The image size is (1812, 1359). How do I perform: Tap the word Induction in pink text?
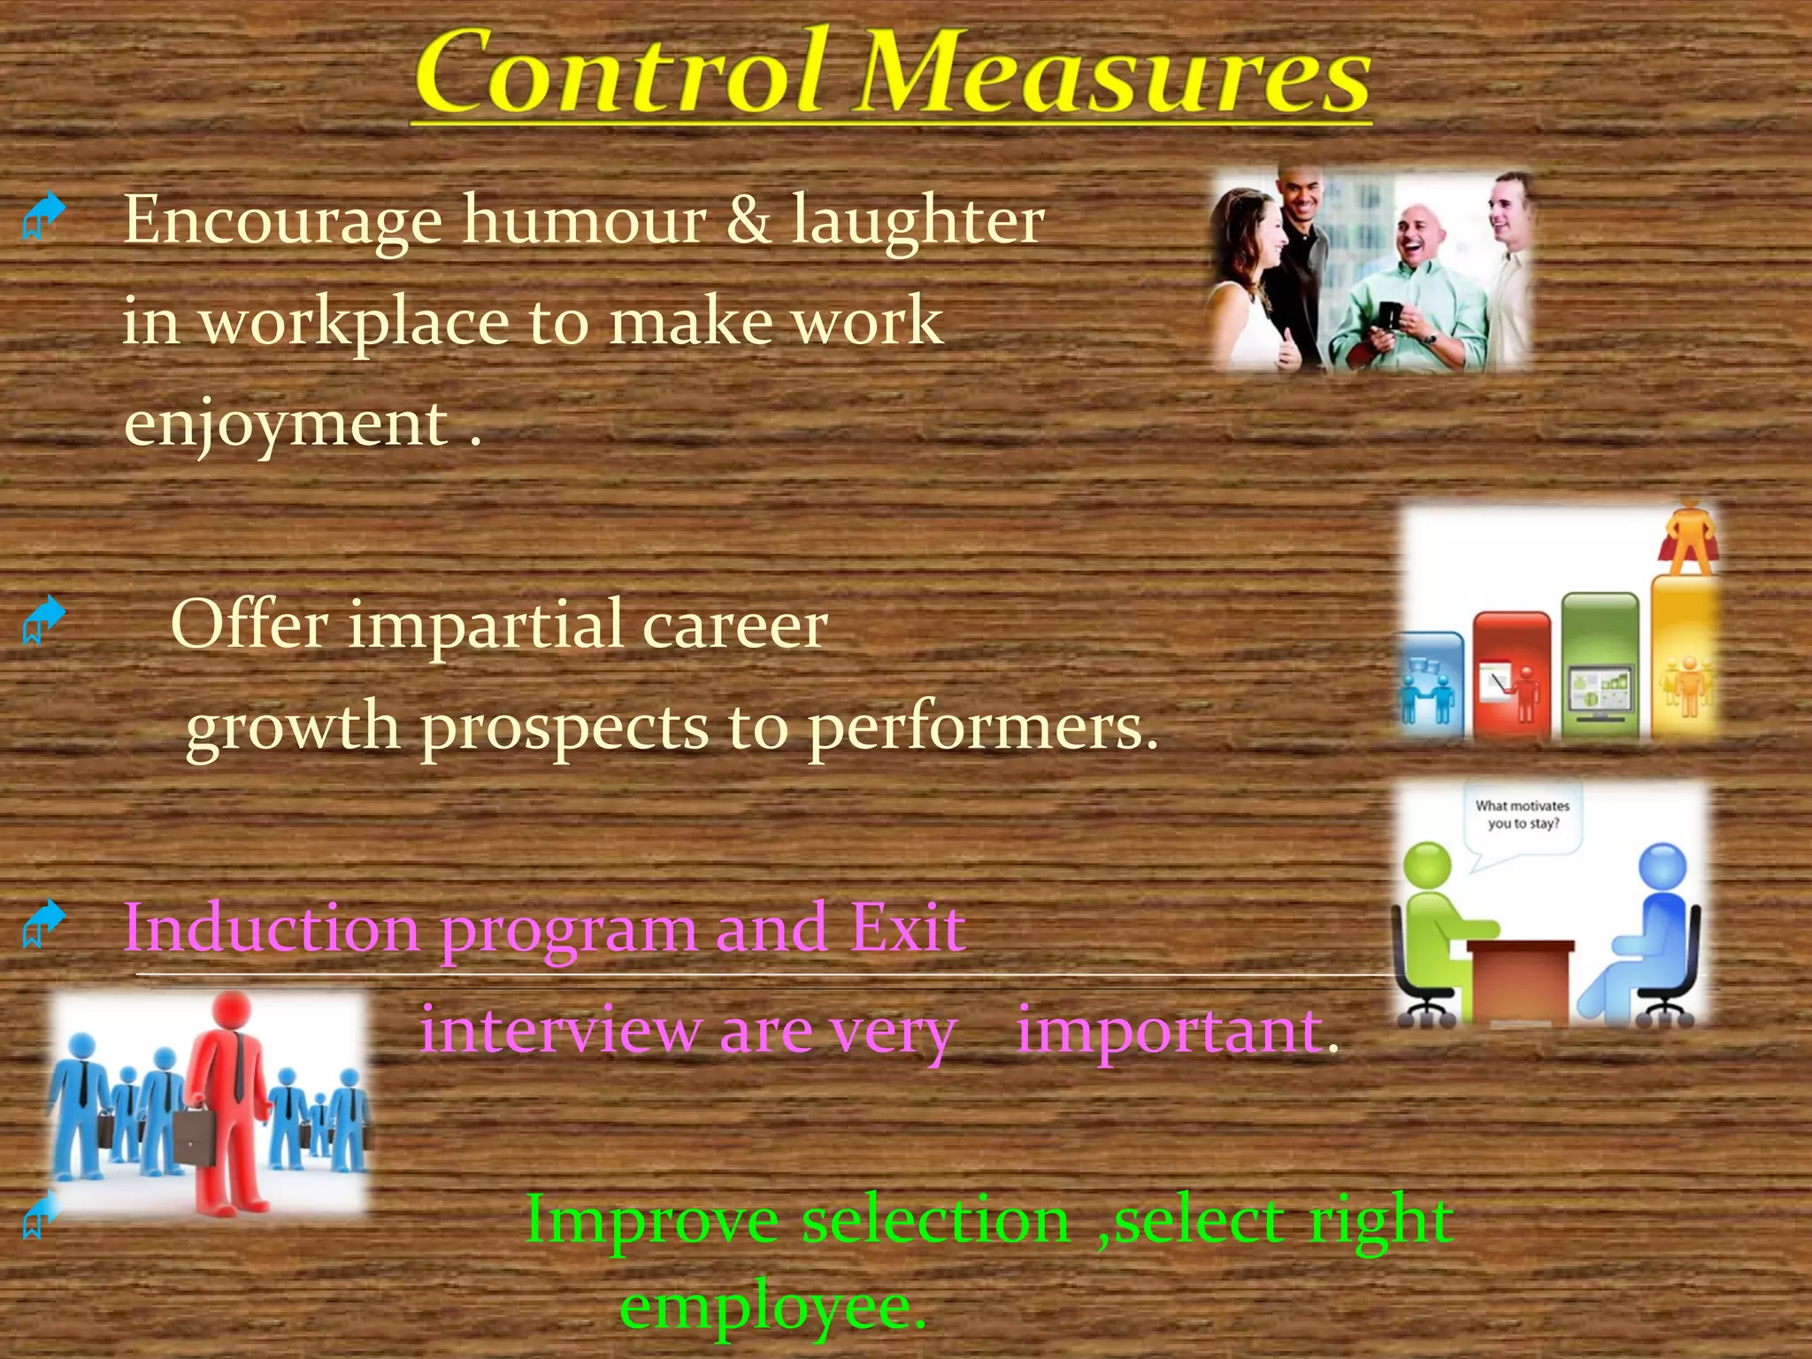pyautogui.click(x=271, y=929)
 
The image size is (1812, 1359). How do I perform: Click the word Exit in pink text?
pyautogui.click(x=907, y=929)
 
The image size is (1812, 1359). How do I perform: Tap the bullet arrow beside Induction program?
pyautogui.click(x=43, y=923)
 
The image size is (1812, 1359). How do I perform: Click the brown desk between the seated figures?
pyautogui.click(x=1520, y=978)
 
